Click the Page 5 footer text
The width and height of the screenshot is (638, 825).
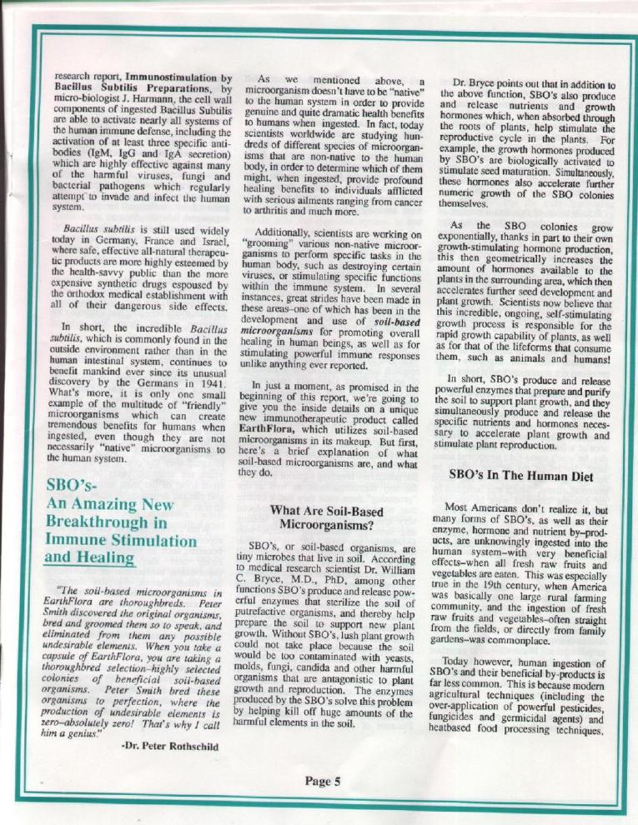click(x=323, y=781)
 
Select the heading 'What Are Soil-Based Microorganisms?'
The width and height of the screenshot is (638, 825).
click(x=320, y=517)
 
